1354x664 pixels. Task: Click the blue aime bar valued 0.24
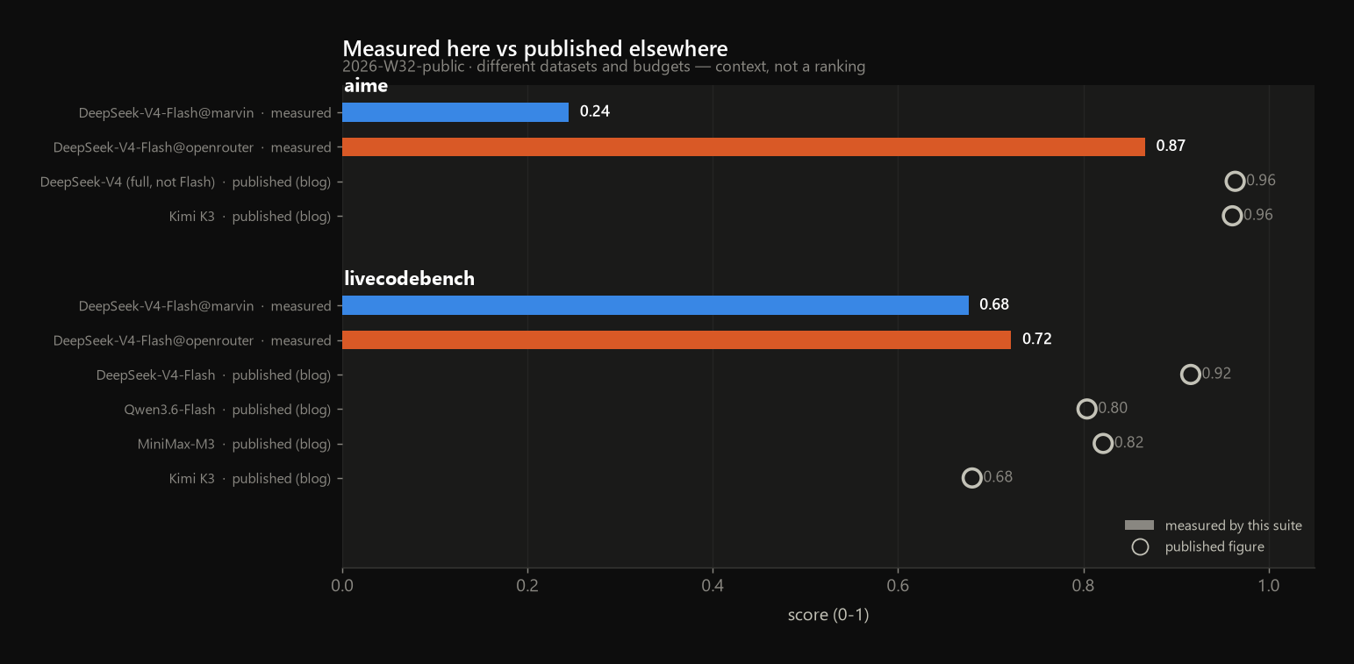[x=455, y=112]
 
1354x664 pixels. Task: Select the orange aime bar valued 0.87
[x=743, y=146]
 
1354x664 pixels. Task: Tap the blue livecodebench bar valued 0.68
[x=656, y=305]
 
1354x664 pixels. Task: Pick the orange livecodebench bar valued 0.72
[x=677, y=339]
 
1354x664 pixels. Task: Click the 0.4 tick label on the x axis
[x=713, y=585]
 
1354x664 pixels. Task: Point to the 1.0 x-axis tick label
[x=1269, y=585]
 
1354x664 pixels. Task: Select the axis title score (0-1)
[x=828, y=615]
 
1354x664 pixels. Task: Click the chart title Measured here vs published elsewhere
[x=535, y=48]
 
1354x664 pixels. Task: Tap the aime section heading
[x=366, y=86]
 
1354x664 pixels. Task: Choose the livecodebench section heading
[x=409, y=279]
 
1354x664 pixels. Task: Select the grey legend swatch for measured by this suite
[x=1139, y=525]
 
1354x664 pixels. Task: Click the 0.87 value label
[x=1171, y=146]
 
